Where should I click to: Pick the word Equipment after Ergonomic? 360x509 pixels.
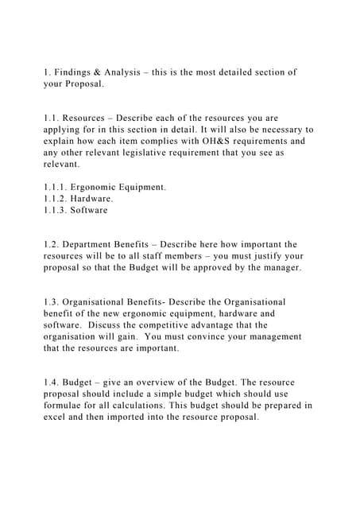141,187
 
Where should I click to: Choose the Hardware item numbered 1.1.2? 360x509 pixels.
94,199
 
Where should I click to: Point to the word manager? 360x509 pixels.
280,268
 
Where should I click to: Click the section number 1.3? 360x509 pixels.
52,302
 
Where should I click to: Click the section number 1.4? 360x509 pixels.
52,383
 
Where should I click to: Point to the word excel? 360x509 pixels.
58,417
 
